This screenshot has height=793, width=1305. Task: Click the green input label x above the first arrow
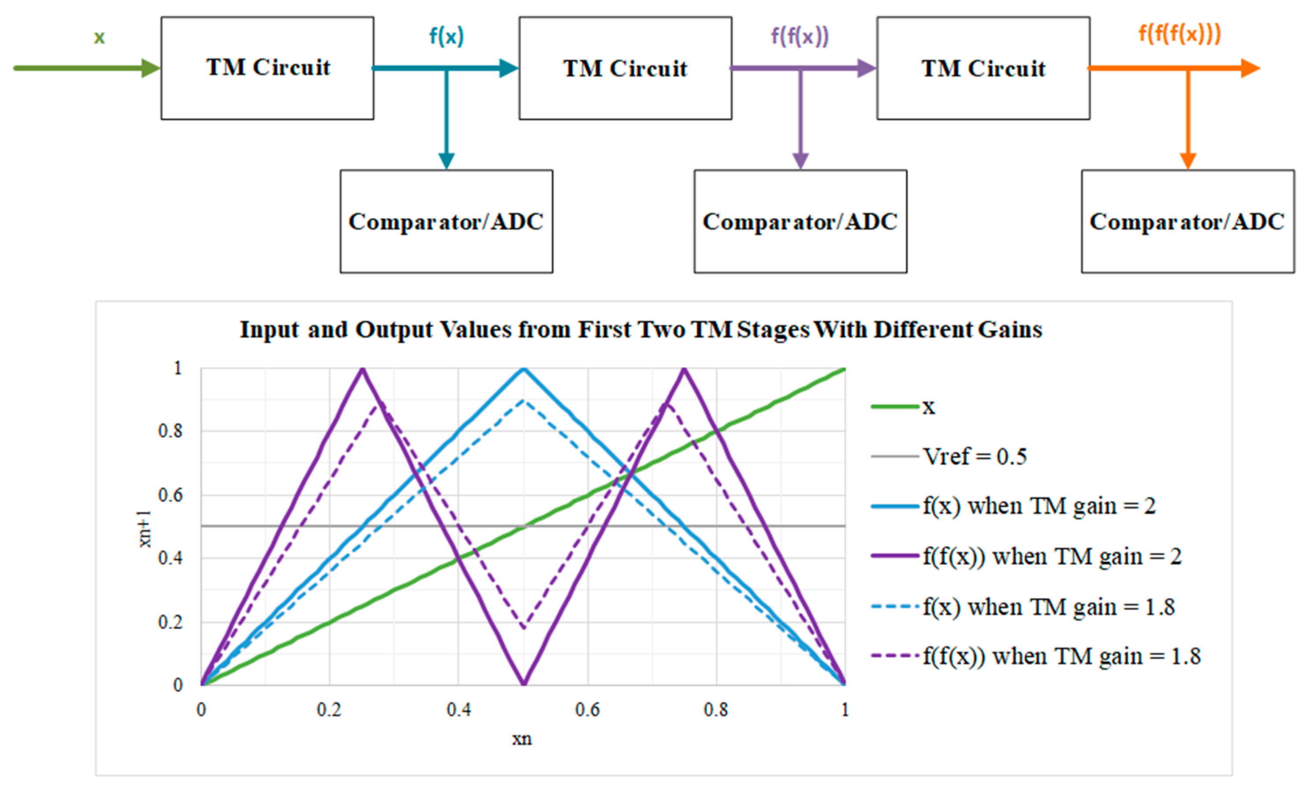pyautogui.click(x=99, y=37)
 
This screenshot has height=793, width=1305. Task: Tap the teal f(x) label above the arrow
pyautogui.click(x=446, y=36)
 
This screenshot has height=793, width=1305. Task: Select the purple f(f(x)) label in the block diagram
pyautogui.click(x=799, y=36)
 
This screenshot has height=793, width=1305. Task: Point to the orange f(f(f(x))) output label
pyautogui.click(x=1179, y=34)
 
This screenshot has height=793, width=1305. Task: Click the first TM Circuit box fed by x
pyautogui.click(x=267, y=68)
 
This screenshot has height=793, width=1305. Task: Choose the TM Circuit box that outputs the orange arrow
pyautogui.click(x=983, y=68)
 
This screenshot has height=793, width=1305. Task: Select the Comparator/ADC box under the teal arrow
pyautogui.click(x=446, y=222)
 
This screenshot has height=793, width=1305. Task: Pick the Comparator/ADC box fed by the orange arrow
pyautogui.click(x=1187, y=222)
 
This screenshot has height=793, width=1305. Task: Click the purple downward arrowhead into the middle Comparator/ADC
pyautogui.click(x=800, y=160)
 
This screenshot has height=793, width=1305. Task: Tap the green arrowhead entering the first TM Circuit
pyautogui.click(x=151, y=68)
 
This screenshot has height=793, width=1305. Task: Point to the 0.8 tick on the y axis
pyautogui.click(x=170, y=431)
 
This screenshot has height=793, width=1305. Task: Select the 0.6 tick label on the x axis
pyautogui.click(x=588, y=709)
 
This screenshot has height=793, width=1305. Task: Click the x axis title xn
pyautogui.click(x=521, y=739)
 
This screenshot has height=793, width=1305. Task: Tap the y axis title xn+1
pyautogui.click(x=144, y=529)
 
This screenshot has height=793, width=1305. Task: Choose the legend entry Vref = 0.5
pyautogui.click(x=975, y=456)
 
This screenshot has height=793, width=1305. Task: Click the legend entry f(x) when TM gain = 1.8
pyautogui.click(x=1049, y=607)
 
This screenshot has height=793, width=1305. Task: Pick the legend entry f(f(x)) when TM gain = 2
pyautogui.click(x=1052, y=556)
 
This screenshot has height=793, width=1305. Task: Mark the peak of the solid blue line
pyautogui.click(x=523, y=369)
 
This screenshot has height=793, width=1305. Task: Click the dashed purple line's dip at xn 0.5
pyautogui.click(x=523, y=628)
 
